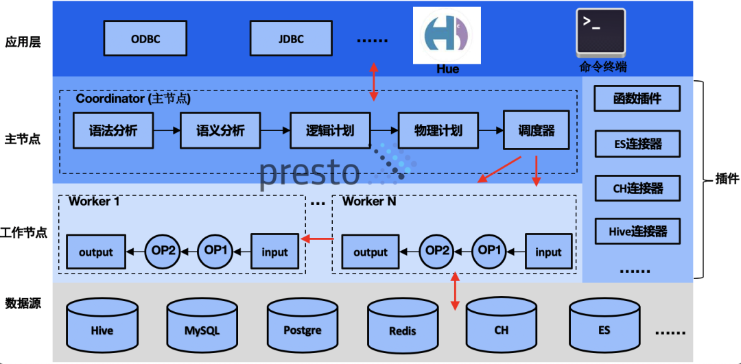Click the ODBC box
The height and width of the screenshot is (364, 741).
(145, 38)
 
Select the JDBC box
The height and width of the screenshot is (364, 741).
(291, 38)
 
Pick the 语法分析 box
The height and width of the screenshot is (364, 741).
(113, 130)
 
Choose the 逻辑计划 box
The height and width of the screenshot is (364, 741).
(330, 130)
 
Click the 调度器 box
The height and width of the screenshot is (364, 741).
(536, 130)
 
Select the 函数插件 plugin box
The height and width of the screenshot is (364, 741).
(637, 99)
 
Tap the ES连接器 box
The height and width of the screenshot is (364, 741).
(637, 144)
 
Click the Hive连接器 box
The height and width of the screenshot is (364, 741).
(637, 231)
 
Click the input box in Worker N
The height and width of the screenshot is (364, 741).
(548, 252)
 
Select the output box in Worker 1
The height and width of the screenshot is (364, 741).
(95, 252)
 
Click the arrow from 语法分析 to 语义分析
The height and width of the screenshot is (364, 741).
(167, 130)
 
